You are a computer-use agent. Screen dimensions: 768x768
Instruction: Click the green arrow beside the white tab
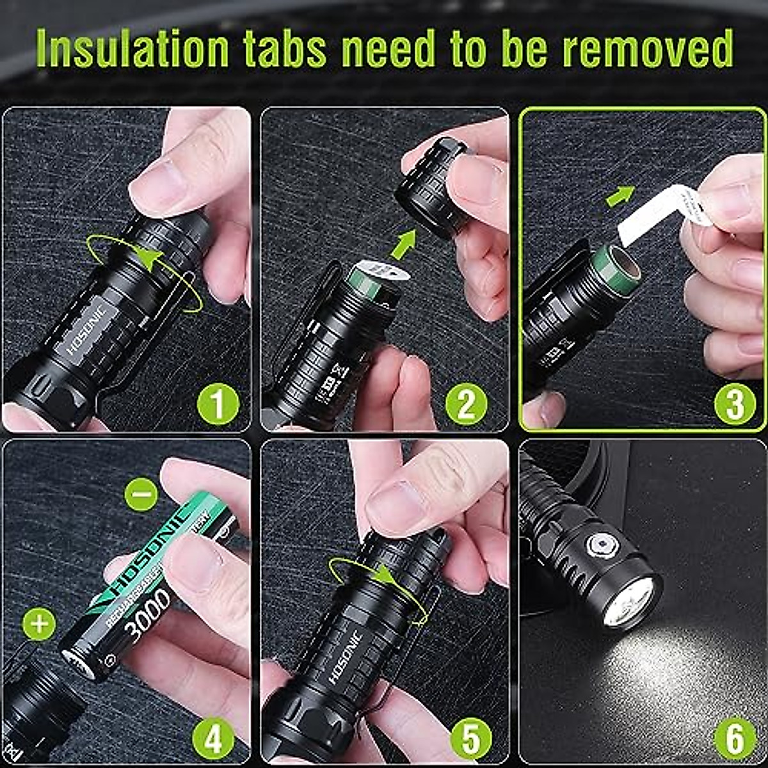[x=620, y=195]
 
